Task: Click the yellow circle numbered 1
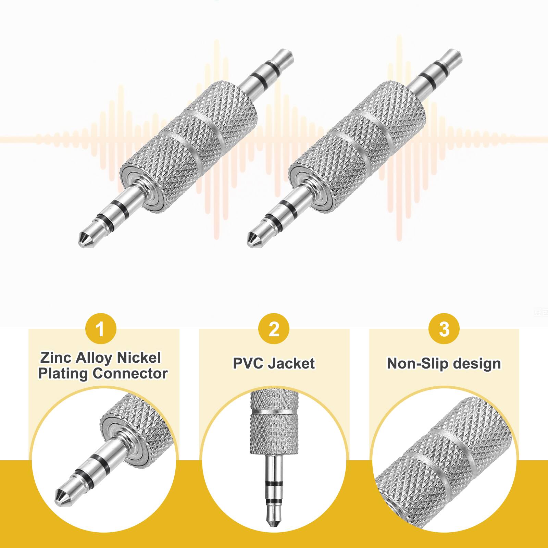point(100,329)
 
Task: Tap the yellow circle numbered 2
point(274,329)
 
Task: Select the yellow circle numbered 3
point(444,329)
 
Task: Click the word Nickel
point(139,358)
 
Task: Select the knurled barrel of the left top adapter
point(190,147)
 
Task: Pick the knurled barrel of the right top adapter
point(358,147)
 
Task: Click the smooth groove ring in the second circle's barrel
point(274,411)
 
